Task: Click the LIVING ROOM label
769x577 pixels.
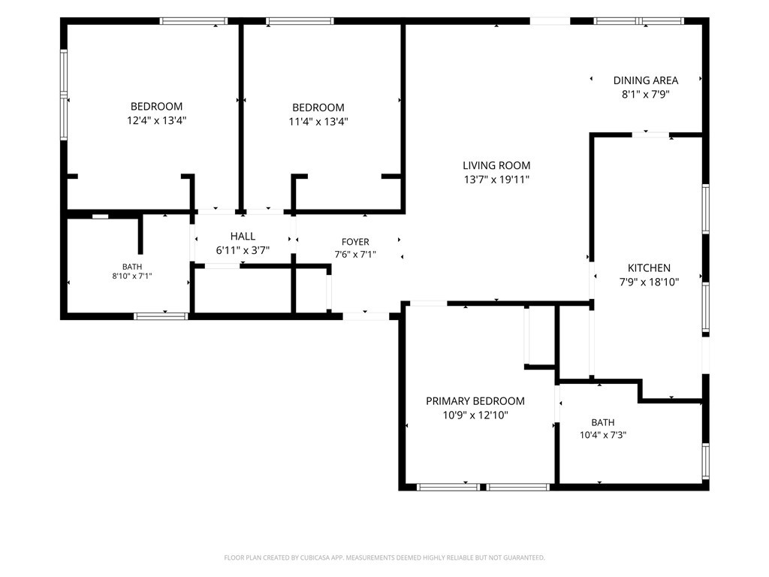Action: [x=496, y=165]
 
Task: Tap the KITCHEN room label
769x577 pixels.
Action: [x=649, y=268]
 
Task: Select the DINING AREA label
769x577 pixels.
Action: [x=645, y=80]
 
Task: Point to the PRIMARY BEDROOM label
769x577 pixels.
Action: [x=475, y=401]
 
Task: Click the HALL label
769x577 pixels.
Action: [x=243, y=237]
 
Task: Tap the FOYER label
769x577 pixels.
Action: [x=355, y=242]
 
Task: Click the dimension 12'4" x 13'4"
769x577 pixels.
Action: [x=156, y=120]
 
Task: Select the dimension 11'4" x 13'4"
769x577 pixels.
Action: [x=318, y=121]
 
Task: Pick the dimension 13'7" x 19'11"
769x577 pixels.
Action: [x=496, y=180]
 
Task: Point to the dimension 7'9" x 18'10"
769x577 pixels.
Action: [x=649, y=282]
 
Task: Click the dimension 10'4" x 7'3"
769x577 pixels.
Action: [x=603, y=435]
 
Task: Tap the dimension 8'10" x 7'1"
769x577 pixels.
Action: [x=132, y=276]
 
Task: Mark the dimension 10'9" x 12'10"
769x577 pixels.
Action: [x=475, y=415]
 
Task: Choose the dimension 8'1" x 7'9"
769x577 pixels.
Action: [x=645, y=94]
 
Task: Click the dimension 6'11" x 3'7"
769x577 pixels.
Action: [x=243, y=250]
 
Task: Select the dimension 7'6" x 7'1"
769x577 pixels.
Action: [x=355, y=254]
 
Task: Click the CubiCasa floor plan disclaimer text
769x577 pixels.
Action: [x=384, y=557]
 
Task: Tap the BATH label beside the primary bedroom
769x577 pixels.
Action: [x=603, y=422]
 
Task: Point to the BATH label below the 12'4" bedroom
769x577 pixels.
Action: [x=132, y=267]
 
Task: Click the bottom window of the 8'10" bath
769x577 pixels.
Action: [x=161, y=316]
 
